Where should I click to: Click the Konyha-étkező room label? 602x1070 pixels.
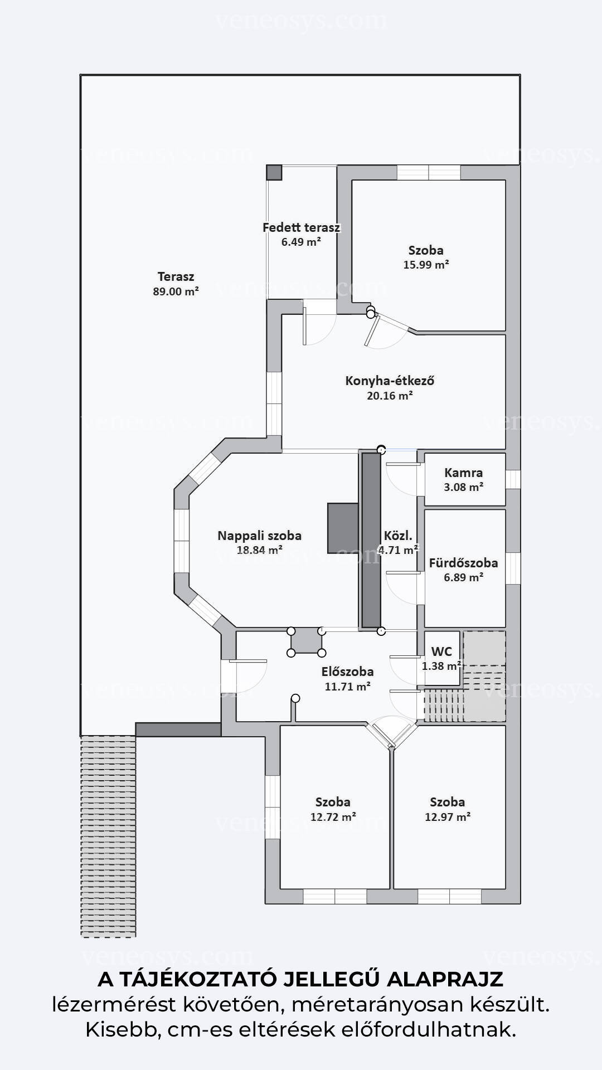[x=390, y=381]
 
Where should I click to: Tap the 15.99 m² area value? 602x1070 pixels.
[x=426, y=265]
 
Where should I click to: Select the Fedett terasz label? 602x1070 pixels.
[x=301, y=227]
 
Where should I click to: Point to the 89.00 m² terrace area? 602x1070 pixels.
[x=176, y=291]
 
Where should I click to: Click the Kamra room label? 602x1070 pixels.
[x=464, y=473]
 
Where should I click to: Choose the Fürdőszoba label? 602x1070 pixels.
[x=463, y=563]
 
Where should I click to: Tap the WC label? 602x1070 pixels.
[x=441, y=651]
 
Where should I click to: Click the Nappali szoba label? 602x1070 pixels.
[x=259, y=536]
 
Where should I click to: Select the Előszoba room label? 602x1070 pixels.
[x=347, y=672]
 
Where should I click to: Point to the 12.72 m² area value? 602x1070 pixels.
[x=333, y=817]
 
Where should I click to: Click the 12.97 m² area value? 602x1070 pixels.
[x=448, y=817]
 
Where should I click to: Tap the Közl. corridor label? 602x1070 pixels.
[x=398, y=536]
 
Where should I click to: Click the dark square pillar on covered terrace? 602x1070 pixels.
[x=274, y=172]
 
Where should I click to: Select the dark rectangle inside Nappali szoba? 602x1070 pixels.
[x=343, y=528]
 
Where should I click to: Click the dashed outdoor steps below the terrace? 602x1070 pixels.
[x=108, y=836]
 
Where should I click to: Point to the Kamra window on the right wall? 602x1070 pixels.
[x=513, y=480]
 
